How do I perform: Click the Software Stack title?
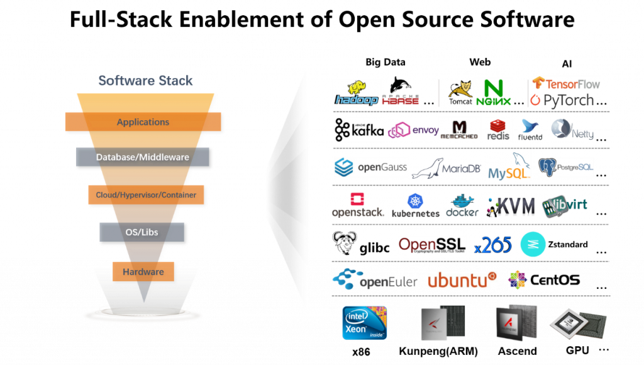(x=145, y=81)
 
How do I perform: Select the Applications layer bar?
(x=143, y=122)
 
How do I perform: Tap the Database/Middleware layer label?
(x=143, y=157)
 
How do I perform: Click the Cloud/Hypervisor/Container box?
(x=146, y=195)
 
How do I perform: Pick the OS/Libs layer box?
(x=142, y=233)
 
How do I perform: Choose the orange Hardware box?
(x=143, y=272)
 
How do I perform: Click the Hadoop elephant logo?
(x=357, y=93)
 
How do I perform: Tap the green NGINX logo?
(x=492, y=93)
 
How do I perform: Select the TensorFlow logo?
(x=565, y=83)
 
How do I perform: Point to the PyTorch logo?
(x=562, y=99)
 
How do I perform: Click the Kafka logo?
(x=359, y=130)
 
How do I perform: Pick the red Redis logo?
(x=498, y=130)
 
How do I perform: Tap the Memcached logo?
(x=459, y=128)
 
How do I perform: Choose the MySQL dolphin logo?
(x=507, y=166)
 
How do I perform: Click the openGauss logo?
(x=370, y=167)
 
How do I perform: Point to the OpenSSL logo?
(x=432, y=245)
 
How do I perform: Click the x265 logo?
(x=493, y=245)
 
